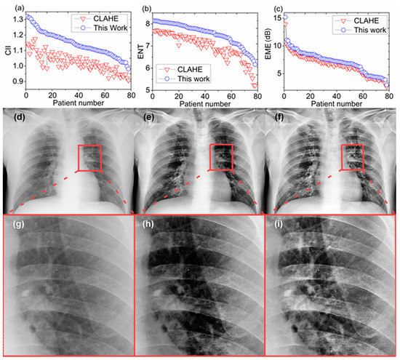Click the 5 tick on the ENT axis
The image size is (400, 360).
[x=152, y=89]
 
